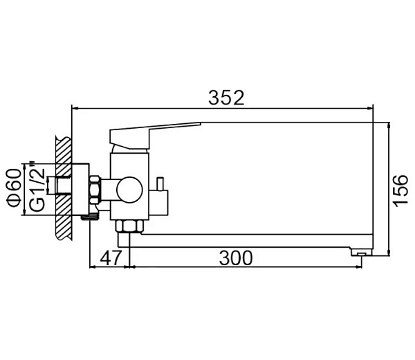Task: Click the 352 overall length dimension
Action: (x=226, y=98)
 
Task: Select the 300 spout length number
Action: (x=236, y=258)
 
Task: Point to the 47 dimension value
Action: (x=111, y=258)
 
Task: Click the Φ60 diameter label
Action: (x=15, y=188)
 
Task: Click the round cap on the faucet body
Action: (x=129, y=190)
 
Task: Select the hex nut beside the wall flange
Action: (x=95, y=190)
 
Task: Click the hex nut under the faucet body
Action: (x=129, y=226)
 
